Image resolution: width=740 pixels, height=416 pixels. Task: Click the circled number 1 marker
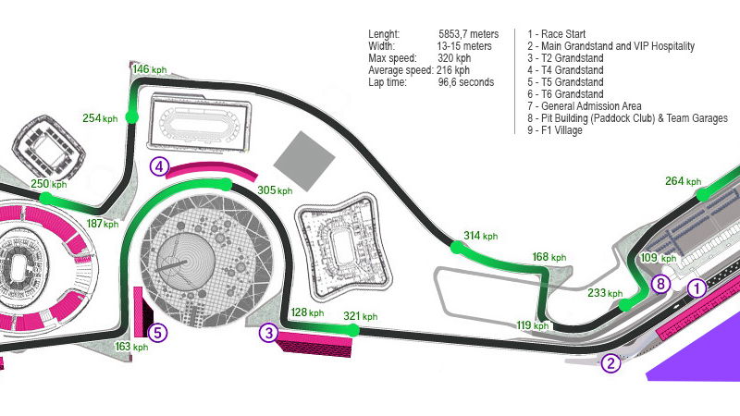point(697,288)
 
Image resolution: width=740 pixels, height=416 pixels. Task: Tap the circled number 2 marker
point(610,363)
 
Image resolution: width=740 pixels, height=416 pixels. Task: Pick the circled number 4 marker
point(160,167)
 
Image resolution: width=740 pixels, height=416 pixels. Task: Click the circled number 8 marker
point(660,285)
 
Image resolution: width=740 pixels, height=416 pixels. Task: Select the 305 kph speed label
point(274,190)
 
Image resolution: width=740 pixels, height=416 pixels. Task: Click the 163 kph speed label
point(131,348)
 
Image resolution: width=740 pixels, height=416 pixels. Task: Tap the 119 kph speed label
point(533,325)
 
